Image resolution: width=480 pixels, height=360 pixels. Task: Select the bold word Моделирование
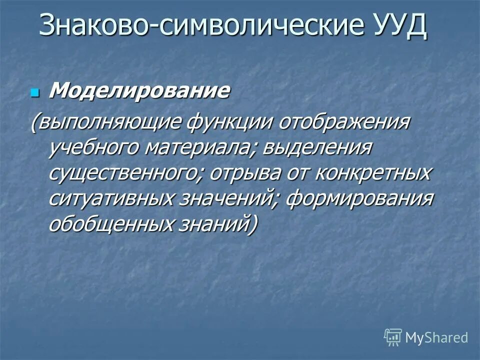[x=140, y=91]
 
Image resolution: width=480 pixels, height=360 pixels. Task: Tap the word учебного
[x=93, y=148]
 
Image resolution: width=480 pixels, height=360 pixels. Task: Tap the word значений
[x=228, y=198]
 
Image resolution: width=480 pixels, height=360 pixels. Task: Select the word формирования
[x=359, y=198]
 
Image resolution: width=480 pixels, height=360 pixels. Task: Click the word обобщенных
[x=111, y=223]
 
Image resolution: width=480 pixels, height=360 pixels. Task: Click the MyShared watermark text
[x=436, y=337]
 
